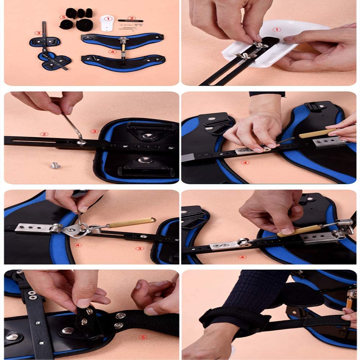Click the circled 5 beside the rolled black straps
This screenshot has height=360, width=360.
(x=63, y=17)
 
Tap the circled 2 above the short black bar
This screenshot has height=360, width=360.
(x=131, y=18)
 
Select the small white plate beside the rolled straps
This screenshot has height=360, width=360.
(x=107, y=23)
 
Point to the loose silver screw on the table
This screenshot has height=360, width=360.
(x=55, y=165)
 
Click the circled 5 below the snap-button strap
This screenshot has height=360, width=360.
(x=143, y=337)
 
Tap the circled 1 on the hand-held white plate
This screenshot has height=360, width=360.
(x=277, y=29)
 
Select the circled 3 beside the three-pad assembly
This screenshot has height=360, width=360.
(x=38, y=33)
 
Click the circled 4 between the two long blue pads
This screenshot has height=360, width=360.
(x=112, y=52)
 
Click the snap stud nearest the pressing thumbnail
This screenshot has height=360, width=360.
(x=89, y=311)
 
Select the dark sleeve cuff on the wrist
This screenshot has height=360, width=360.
(x=267, y=94)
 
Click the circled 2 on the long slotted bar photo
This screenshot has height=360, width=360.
(x=44, y=134)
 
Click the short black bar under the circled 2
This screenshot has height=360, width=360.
(x=131, y=21)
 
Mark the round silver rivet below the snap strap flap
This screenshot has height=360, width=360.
(x=68, y=331)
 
